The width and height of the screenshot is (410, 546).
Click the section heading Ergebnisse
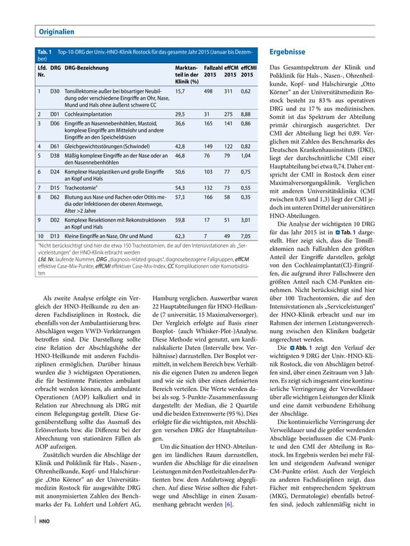[287, 51]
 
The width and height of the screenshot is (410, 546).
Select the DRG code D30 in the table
[55, 92]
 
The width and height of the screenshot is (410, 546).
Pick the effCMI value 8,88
[245, 114]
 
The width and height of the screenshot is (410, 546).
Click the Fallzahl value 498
[208, 92]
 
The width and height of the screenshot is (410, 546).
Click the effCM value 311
[228, 92]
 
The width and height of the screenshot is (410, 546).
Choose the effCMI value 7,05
[245, 235]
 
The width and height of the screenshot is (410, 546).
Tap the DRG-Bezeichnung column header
[87, 67]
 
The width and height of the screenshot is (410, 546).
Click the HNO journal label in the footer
[44, 520]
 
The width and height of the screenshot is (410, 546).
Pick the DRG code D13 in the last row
[55, 235]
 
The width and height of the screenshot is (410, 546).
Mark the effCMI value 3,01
[245, 219]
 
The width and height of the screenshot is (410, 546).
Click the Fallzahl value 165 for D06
[208, 123]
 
